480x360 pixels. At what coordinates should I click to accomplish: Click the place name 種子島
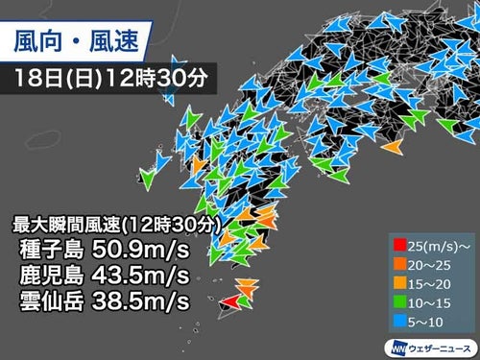(51, 252)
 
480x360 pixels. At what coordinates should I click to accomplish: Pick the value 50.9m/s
(136, 252)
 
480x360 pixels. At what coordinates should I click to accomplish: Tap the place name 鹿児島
(51, 276)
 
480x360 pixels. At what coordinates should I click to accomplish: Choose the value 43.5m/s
(136, 276)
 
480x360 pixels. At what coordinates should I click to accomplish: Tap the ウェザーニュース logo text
(438, 345)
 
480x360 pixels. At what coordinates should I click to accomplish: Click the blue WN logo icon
(396, 345)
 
